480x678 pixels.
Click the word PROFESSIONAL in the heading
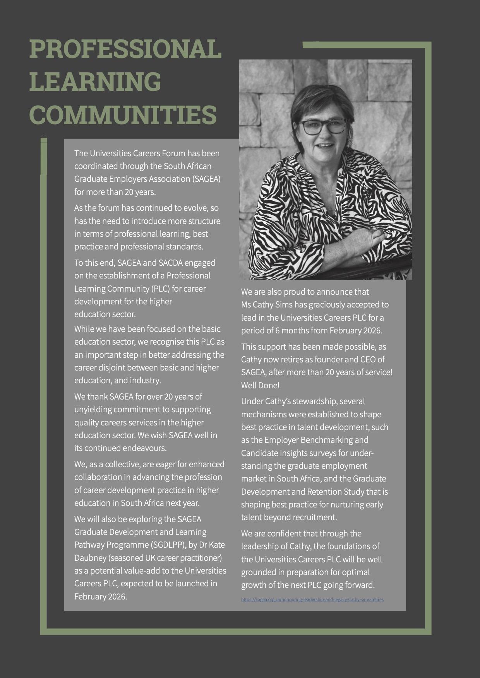125,49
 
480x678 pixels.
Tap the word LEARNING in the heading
95,82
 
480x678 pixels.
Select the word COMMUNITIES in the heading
123,114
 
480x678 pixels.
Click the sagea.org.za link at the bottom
312,599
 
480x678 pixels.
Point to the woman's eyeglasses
322,127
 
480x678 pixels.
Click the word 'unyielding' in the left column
93,409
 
